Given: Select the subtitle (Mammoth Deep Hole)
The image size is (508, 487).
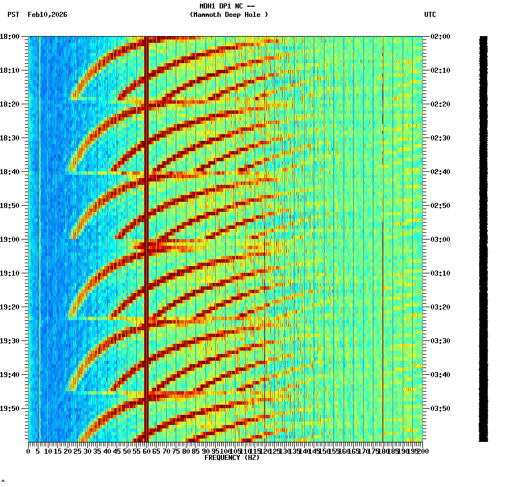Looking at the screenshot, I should tap(229, 15).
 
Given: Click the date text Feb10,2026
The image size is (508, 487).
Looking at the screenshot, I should tap(47, 15).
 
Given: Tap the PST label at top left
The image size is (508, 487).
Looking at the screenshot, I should tap(14, 15).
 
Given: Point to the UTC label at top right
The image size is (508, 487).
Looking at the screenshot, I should tap(430, 15).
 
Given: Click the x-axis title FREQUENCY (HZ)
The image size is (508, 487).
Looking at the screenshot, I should tap(231, 458).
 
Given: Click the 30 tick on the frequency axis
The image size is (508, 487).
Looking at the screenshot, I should tap(87, 451).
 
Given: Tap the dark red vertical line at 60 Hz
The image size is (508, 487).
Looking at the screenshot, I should tap(146, 225).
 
